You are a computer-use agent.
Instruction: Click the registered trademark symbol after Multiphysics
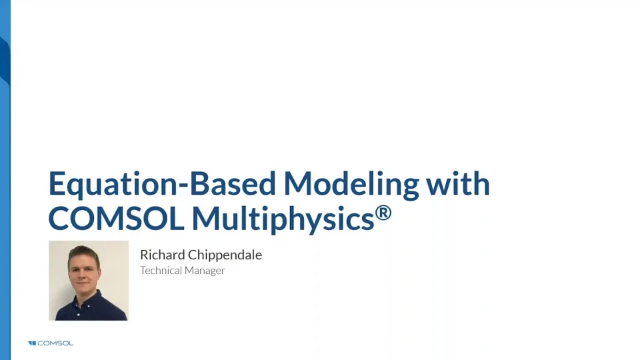(x=383, y=213)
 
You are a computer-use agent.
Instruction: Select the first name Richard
(x=162, y=255)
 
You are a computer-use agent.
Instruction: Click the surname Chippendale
(x=225, y=255)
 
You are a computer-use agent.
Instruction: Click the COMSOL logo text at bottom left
(x=56, y=343)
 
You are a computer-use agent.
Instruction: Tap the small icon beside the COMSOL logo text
(x=32, y=343)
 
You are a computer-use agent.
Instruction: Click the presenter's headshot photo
(x=89, y=281)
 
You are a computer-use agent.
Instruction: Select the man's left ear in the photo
(x=100, y=272)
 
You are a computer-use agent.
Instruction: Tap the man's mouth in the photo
(x=85, y=283)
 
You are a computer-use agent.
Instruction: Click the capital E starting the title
(x=57, y=184)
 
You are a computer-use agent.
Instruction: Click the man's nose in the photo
(x=85, y=274)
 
